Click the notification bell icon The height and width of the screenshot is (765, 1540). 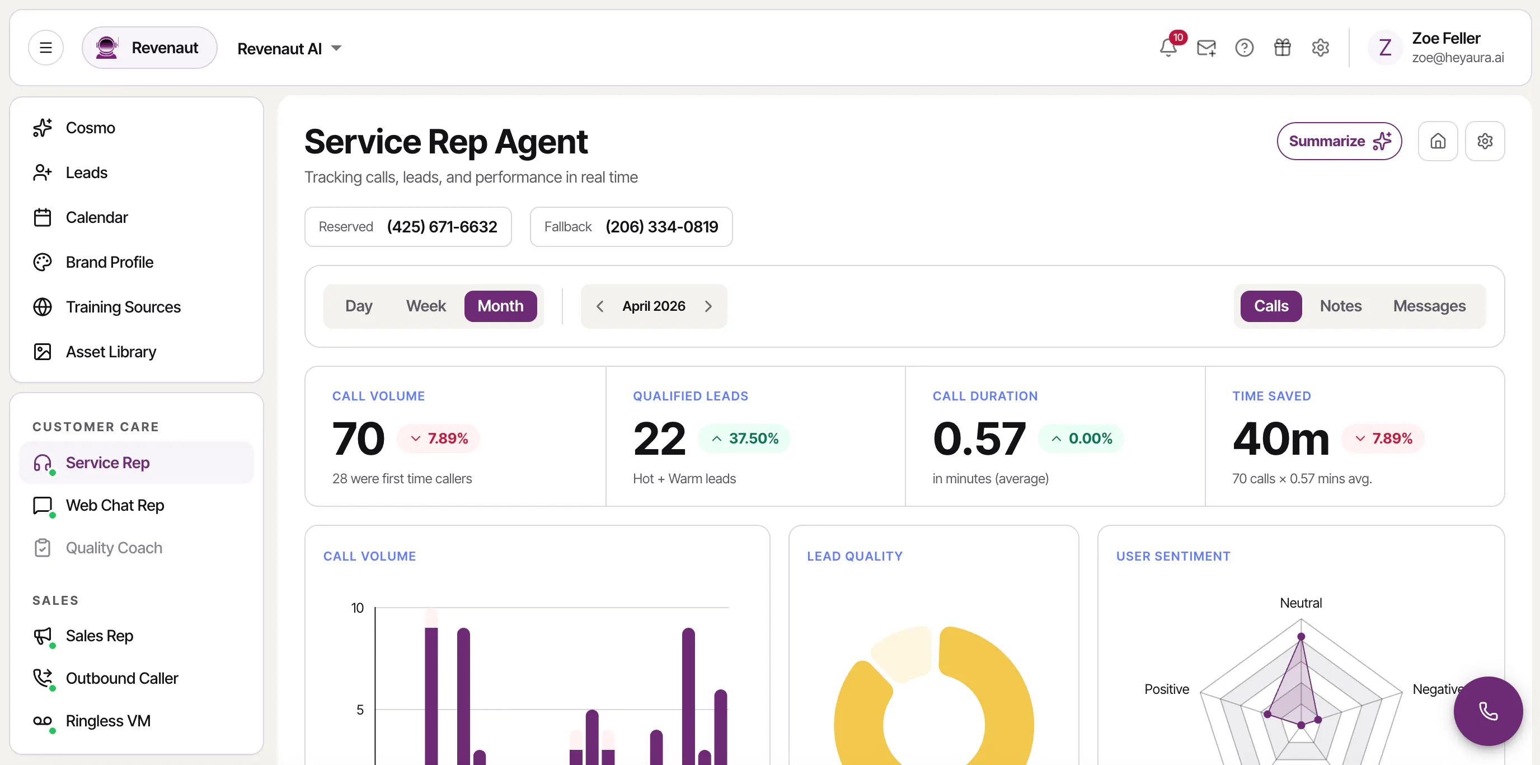click(x=1167, y=48)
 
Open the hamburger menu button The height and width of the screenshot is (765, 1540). click(x=46, y=48)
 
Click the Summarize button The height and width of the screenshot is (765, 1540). click(x=1339, y=141)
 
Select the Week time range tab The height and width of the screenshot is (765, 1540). click(x=426, y=306)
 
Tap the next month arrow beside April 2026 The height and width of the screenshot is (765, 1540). click(x=708, y=306)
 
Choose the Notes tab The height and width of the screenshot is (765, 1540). click(x=1340, y=306)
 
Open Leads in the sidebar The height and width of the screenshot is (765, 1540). click(x=87, y=173)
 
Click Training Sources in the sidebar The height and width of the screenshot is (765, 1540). click(x=123, y=307)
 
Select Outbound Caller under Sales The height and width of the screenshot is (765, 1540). click(x=122, y=678)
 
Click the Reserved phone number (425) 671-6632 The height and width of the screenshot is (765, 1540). click(x=442, y=227)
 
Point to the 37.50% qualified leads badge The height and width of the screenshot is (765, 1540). click(x=744, y=439)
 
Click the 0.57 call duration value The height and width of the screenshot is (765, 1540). click(x=979, y=439)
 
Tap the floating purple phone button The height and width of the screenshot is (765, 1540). click(x=1488, y=711)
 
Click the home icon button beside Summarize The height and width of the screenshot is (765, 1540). click(x=1438, y=141)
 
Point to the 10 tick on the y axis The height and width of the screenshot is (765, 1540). click(x=358, y=608)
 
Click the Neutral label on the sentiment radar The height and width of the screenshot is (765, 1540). click(x=1301, y=603)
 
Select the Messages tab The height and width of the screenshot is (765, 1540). click(x=1429, y=306)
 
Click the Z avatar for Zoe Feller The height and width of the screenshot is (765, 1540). click(x=1385, y=48)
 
